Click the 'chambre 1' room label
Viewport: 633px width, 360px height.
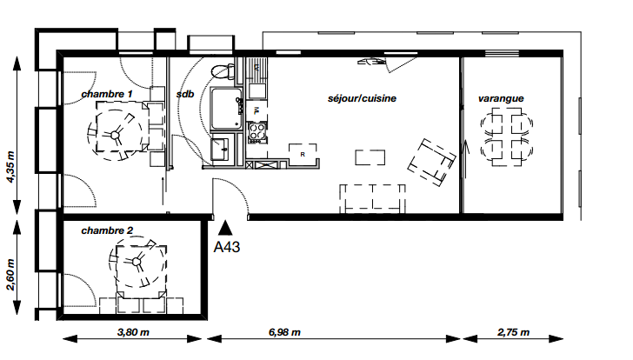(107, 94)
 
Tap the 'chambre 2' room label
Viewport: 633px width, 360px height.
(107, 230)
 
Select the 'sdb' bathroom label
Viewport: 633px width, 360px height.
(185, 94)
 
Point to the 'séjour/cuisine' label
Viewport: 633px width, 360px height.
(362, 98)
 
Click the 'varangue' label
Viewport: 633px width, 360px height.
(501, 98)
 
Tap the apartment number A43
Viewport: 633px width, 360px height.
(226, 247)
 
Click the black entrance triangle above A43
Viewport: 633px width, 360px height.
(225, 228)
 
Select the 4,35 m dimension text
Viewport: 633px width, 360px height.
(10, 167)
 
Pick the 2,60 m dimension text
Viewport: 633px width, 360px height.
(10, 275)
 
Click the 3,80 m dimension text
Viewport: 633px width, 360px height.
(133, 332)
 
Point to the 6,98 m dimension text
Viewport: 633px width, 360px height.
(284, 332)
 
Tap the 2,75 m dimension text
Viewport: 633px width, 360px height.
(513, 332)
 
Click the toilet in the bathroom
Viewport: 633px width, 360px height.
(223, 71)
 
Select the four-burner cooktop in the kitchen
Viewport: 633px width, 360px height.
(257, 132)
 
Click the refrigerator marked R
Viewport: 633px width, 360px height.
(303, 153)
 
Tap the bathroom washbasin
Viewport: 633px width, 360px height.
(220, 150)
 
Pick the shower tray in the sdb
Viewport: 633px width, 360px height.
(226, 109)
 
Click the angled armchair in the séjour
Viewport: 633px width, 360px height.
(431, 163)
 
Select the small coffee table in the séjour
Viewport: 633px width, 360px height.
(370, 157)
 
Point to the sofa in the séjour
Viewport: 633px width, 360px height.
(372, 197)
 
